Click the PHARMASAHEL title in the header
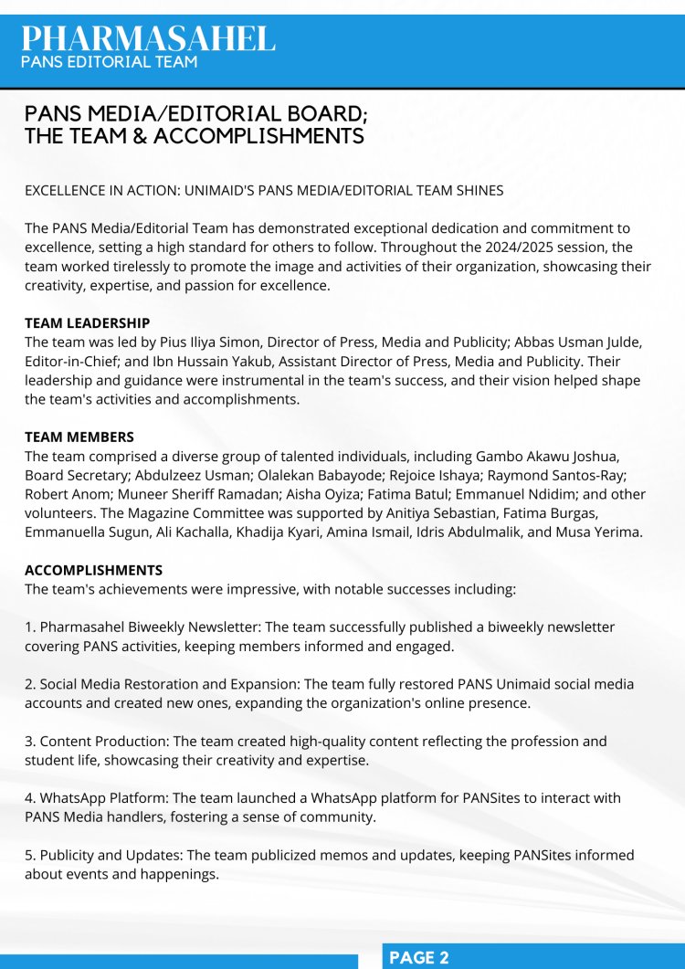pos(148,38)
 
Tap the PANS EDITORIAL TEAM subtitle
pos(111,62)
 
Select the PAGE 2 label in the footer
pos(419,957)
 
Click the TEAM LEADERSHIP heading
pos(87,323)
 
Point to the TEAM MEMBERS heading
pos(79,437)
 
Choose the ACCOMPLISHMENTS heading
pos(94,570)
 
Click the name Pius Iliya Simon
pos(215,342)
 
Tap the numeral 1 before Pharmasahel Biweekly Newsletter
pos(28,627)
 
